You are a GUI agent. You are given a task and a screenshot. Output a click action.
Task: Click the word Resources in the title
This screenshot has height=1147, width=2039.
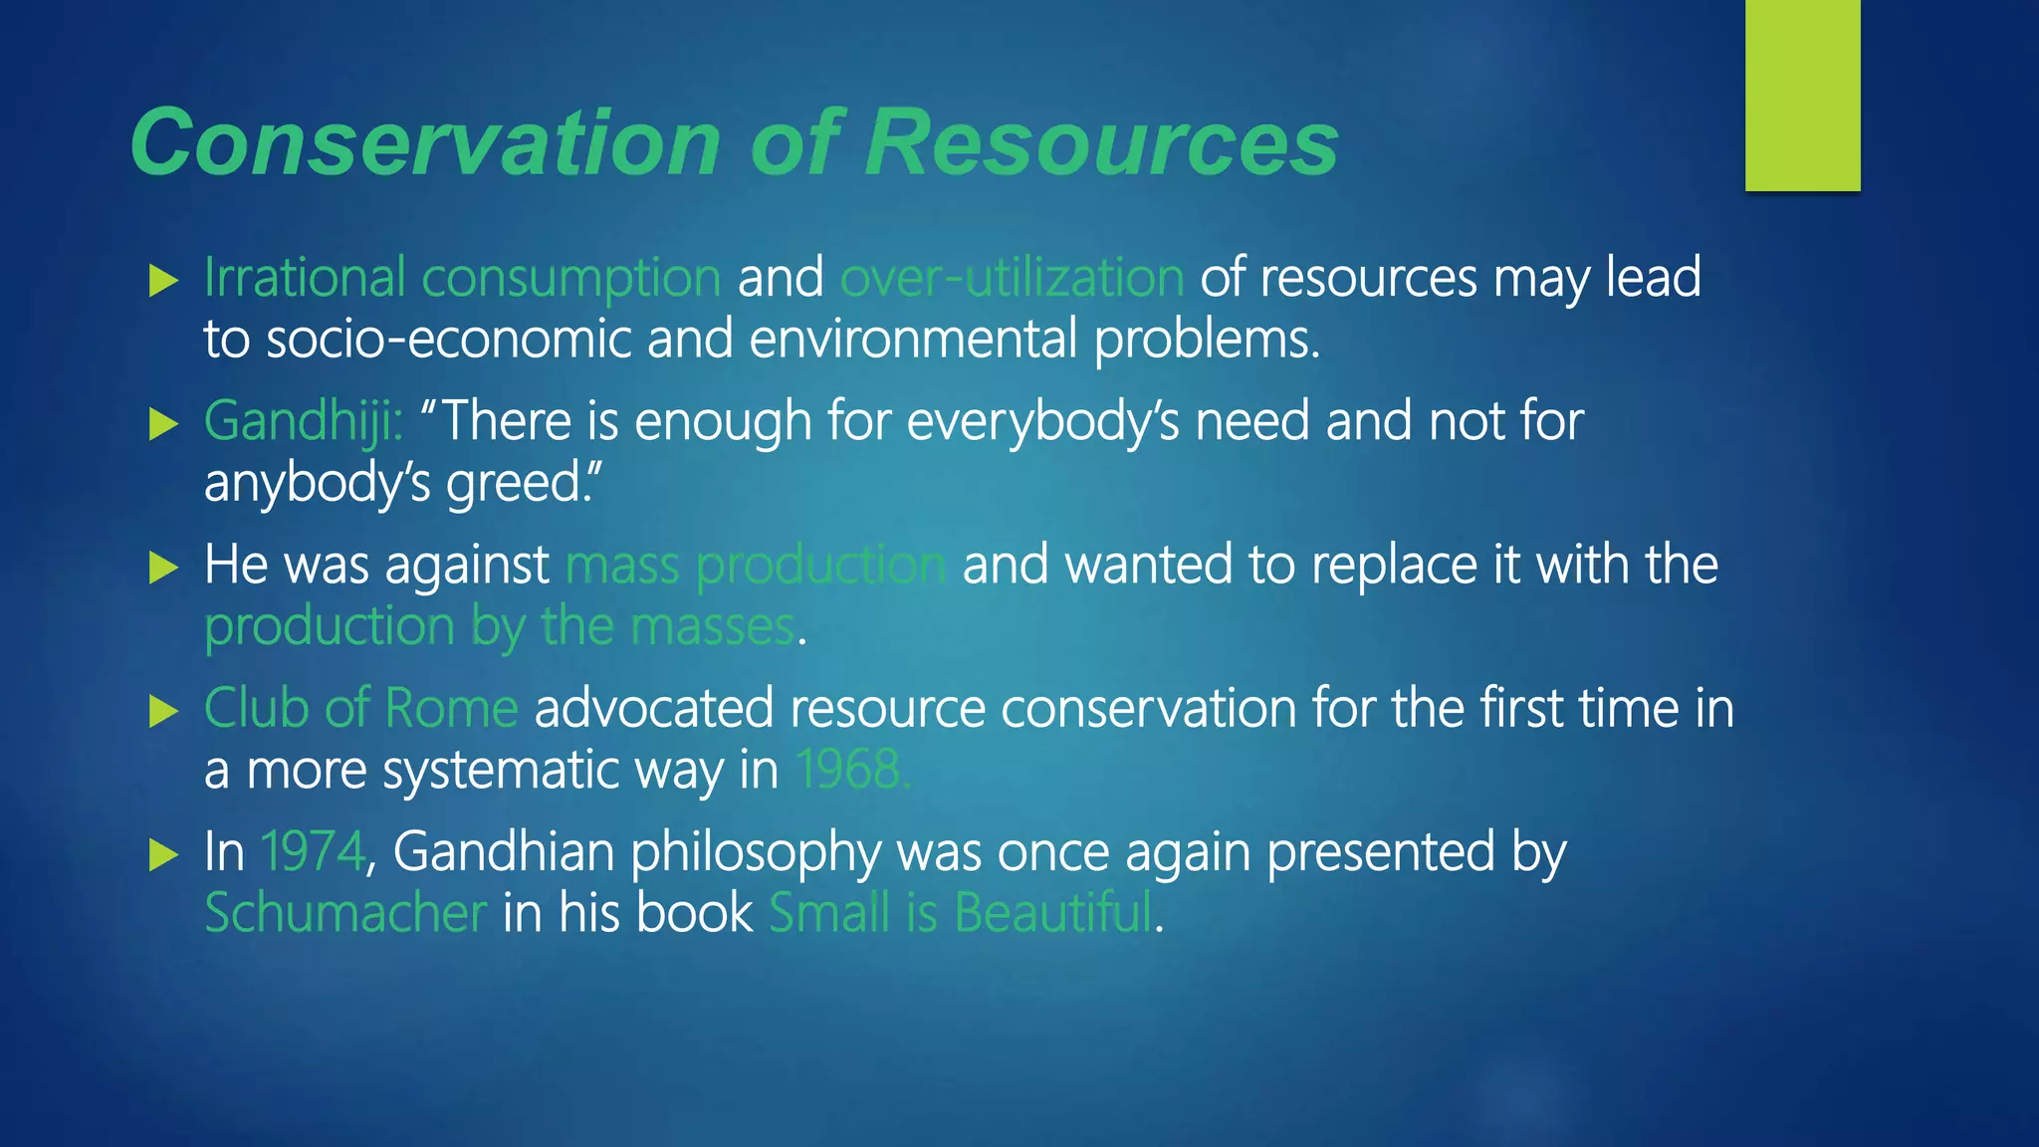(x=1101, y=142)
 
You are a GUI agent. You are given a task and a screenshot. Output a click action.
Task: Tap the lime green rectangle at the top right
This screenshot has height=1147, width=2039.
(x=1802, y=96)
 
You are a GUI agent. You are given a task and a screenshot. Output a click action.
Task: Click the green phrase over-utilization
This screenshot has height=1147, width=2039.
(x=1012, y=278)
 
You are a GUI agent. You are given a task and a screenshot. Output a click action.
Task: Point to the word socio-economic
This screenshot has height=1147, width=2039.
(x=449, y=340)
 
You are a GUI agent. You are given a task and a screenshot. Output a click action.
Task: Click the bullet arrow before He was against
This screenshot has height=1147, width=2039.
(x=162, y=569)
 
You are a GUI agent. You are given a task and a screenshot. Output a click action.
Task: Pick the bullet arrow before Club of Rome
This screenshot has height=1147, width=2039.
(x=162, y=711)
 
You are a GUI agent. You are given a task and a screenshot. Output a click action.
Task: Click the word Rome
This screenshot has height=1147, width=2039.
(x=451, y=709)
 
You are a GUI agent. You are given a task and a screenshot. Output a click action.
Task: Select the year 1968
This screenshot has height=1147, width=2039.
(x=851, y=771)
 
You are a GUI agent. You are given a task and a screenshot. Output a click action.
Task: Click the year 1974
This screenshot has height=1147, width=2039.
(x=313, y=852)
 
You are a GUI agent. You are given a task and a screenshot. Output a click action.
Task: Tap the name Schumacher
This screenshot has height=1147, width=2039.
(x=345, y=914)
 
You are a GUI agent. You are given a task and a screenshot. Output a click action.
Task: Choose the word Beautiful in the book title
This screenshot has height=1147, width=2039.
(x=1052, y=914)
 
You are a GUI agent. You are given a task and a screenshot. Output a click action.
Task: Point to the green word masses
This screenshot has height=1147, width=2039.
(x=713, y=627)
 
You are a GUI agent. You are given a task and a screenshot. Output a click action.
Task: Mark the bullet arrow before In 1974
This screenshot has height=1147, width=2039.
(x=162, y=854)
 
